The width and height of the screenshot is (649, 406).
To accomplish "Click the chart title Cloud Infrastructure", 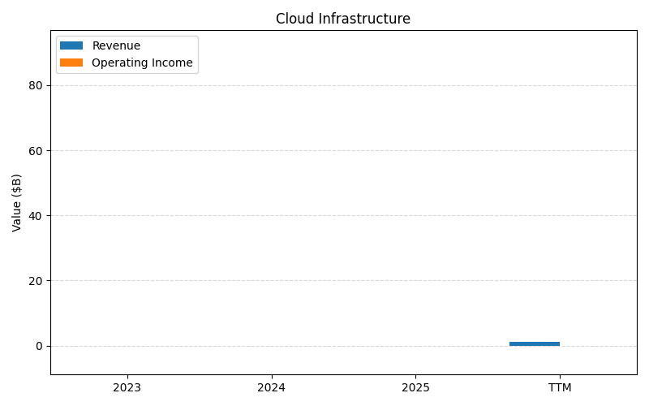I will [343, 19].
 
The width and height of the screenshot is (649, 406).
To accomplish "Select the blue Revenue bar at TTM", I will [535, 343].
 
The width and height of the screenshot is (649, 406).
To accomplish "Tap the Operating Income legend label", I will [142, 63].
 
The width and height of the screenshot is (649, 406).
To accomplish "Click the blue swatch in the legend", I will [71, 46].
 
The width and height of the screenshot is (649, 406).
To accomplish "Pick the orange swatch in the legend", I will [71, 63].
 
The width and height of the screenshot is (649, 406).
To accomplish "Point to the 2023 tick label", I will [127, 388].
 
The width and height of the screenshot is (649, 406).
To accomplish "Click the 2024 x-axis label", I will [271, 388].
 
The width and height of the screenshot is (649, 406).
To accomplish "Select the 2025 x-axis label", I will [415, 388].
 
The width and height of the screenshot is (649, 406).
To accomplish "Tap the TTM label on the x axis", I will [560, 388].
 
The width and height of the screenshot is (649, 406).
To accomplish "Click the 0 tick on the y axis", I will [39, 346].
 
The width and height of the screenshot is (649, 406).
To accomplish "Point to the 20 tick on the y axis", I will [36, 281].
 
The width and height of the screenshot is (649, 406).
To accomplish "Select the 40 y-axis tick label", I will [36, 216].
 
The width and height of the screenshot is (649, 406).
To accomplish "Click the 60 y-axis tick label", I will [36, 151].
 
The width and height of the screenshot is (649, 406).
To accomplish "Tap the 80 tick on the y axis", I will [36, 86].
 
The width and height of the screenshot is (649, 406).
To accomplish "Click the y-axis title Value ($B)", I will [17, 202].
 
